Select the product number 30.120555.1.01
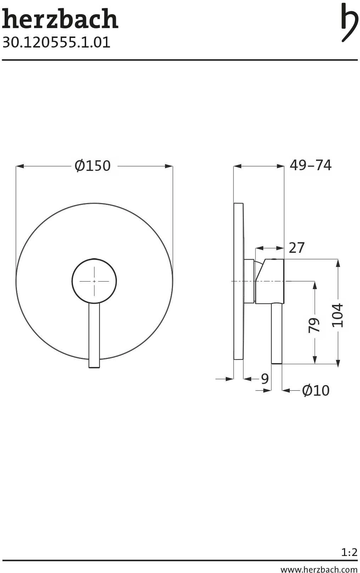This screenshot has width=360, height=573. [x=56, y=43]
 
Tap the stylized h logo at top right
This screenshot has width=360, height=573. [x=349, y=22]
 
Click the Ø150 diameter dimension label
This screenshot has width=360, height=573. [x=93, y=166]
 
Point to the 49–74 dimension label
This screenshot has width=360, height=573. [x=310, y=165]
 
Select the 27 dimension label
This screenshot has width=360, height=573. [x=297, y=248]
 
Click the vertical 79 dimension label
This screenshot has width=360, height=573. [x=314, y=325]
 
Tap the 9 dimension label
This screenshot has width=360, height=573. [x=265, y=379]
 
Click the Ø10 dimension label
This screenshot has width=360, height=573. [x=315, y=390]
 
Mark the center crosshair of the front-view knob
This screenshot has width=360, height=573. [x=94, y=281]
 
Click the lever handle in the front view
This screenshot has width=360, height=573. [x=94, y=335]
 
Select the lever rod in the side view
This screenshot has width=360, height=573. [x=276, y=333]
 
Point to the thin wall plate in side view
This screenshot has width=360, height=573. [x=238, y=282]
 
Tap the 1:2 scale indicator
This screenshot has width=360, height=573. [x=349, y=552]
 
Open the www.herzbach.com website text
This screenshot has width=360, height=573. [x=319, y=569]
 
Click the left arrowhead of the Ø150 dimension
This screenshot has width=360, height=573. [x=19, y=166]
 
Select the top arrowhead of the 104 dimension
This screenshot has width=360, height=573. [x=338, y=263]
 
